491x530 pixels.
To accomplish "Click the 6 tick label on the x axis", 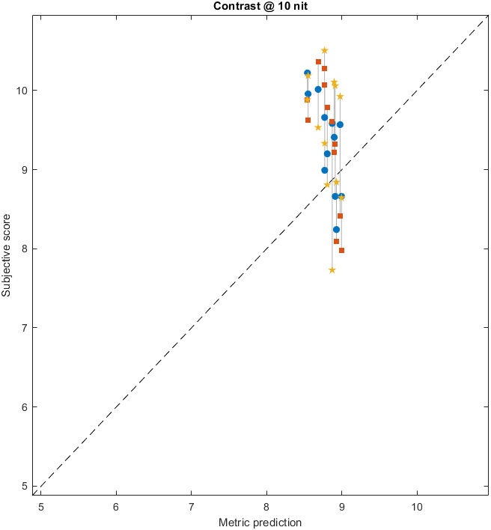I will coord(116,507).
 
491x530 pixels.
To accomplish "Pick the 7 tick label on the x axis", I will coord(191,507).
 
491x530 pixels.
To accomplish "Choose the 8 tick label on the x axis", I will coord(266,507).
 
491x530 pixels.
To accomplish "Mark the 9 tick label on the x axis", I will coord(341,507).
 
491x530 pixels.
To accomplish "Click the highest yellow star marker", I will coord(324,50).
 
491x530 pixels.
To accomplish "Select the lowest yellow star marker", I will coord(332,270).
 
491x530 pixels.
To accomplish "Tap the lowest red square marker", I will coord(341,250).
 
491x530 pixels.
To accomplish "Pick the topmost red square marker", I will coord(318,61).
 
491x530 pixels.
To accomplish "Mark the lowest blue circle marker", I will coord(336,229).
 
